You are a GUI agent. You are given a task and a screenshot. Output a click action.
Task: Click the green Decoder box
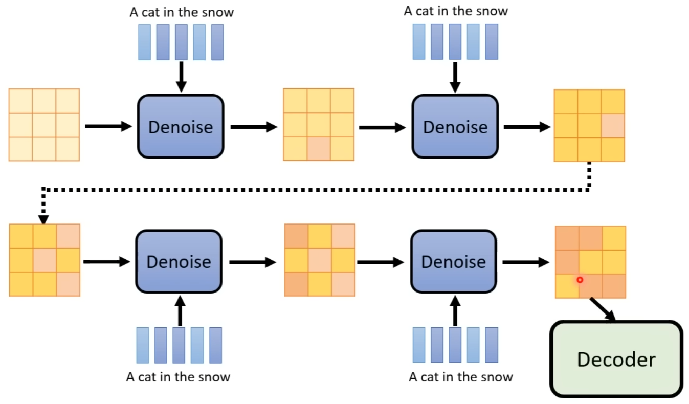coord(616,359)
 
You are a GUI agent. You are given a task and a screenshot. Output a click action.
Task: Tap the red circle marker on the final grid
coord(580,280)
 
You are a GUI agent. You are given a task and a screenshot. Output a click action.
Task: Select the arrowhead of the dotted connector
coord(43,219)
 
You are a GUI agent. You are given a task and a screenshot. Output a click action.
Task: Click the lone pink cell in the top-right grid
coord(613,125)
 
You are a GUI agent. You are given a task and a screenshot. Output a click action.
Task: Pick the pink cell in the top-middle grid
coord(319,149)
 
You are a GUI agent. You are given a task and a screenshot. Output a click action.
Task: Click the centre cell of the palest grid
coord(44,125)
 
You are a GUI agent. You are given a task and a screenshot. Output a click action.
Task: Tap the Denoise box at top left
coord(180,126)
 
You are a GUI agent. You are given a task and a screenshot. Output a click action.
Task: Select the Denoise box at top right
coord(455,126)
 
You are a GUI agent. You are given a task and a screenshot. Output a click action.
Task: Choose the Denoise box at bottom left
coord(178,261)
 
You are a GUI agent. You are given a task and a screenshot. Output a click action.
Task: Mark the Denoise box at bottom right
coord(453,261)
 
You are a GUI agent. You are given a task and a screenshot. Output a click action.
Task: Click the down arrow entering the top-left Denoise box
coord(181,77)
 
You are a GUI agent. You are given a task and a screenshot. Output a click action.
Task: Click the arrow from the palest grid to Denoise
coord(108,126)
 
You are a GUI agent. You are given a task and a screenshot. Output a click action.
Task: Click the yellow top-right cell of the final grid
coord(613,238)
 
